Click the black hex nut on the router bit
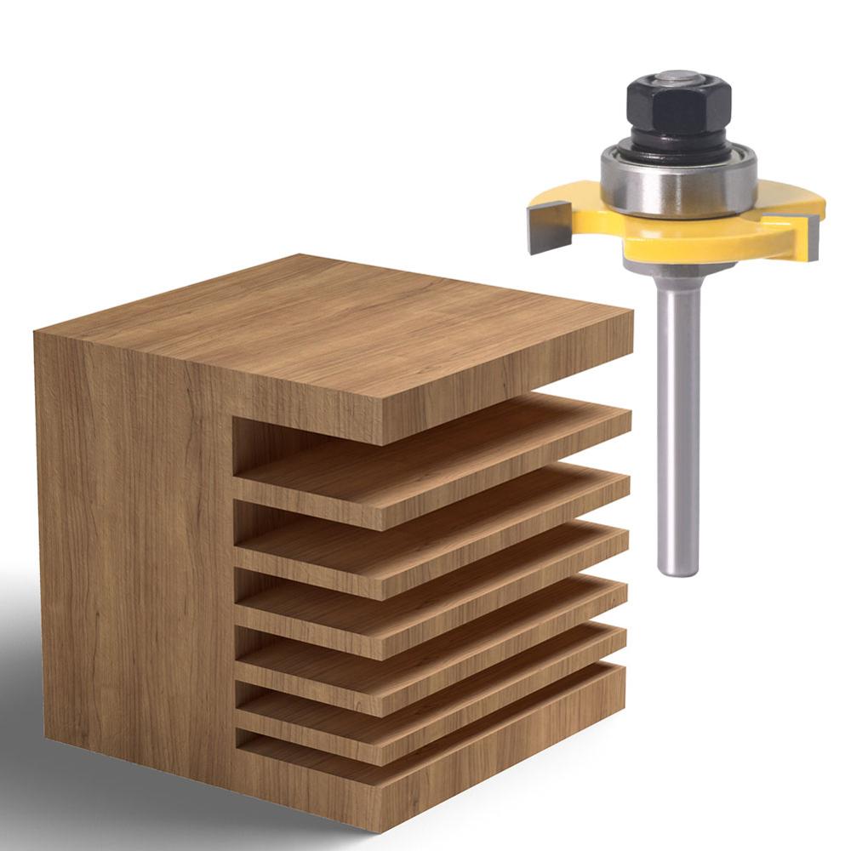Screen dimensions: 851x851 (x=679, y=106)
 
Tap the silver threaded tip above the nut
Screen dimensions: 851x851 (x=678, y=77)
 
